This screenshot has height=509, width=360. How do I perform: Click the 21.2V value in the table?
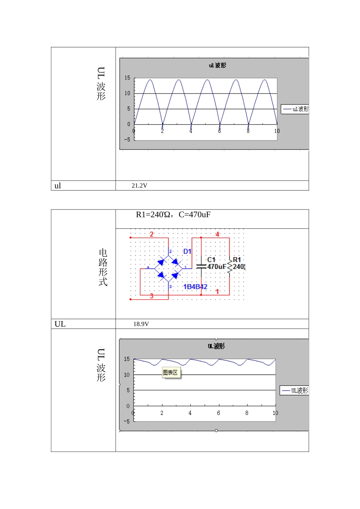click(139, 186)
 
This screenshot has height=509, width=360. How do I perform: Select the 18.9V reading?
click(141, 324)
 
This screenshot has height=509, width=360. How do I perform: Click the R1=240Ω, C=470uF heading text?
click(173, 214)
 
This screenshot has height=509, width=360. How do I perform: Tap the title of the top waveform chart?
click(218, 66)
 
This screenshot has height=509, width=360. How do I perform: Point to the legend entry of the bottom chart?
click(294, 390)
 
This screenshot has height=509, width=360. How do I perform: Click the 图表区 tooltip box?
click(171, 372)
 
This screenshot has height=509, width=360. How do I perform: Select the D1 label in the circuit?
click(187, 251)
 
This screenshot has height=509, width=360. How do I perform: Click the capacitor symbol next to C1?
click(201, 267)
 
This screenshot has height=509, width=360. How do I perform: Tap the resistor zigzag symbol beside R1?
click(230, 267)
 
